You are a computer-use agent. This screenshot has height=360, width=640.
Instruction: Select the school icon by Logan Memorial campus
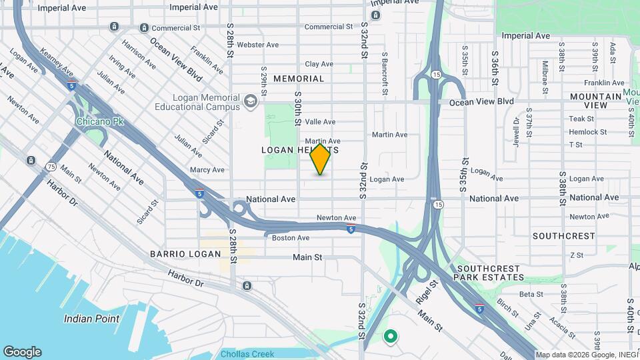251,101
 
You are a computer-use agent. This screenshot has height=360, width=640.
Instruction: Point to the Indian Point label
92,319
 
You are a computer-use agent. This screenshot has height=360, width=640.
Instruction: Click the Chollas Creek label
248,354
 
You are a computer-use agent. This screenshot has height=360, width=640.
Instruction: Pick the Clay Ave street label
319,64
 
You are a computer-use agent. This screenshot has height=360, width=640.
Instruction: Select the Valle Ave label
320,121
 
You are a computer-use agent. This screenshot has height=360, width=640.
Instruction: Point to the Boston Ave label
291,237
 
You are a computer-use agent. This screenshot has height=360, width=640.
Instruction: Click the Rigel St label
427,291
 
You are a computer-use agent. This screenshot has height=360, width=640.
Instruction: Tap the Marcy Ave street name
207,170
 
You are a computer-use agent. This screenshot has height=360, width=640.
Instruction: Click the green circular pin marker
391,337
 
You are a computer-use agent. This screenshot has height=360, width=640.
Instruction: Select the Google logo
22,352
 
